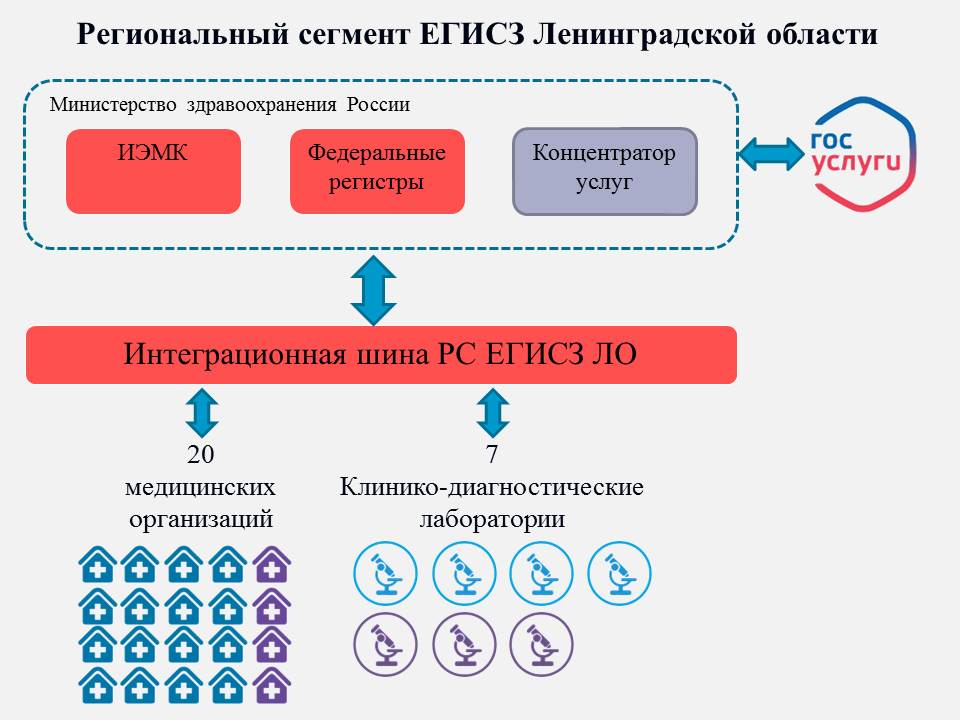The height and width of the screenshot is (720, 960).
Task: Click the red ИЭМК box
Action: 153,171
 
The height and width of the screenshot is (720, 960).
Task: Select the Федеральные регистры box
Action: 377,171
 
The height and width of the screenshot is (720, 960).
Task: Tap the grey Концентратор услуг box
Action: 604,171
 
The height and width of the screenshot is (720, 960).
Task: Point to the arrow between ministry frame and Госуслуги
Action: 771,153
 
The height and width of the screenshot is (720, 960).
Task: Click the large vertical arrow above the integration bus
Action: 376,290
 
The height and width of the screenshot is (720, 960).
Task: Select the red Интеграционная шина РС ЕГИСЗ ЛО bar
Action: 381,355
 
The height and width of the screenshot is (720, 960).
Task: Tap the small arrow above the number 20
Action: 201,411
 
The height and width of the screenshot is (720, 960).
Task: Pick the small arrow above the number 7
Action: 492,411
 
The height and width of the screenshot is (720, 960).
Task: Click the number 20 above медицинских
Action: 201,455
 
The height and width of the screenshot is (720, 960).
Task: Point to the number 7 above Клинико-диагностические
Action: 492,455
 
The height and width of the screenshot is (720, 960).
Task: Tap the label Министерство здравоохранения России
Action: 230,104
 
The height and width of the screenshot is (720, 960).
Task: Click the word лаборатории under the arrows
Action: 491,520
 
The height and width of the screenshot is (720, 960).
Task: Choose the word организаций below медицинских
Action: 200,520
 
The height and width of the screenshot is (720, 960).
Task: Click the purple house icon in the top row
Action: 272,565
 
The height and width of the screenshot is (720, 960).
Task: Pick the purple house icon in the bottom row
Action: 272,685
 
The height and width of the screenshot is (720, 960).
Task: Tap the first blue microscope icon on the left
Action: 385,573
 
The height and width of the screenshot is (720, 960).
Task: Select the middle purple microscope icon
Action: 463,645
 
